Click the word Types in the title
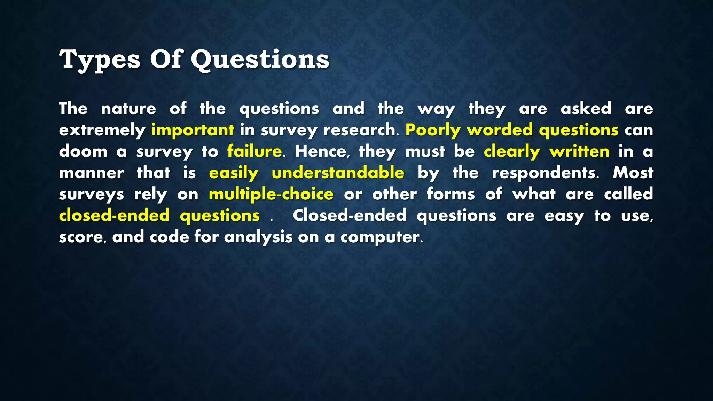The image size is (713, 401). tap(100, 60)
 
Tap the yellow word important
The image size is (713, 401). tap(193, 130)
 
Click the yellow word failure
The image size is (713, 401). tap(254, 151)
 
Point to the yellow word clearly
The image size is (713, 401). tap(512, 152)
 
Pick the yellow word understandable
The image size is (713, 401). tap(338, 173)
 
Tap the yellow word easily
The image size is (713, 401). tap(234, 173)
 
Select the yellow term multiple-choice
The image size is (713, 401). tap(271, 194)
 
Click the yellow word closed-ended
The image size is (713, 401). tap(114, 215)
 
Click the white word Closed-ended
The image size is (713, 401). tap(350, 215)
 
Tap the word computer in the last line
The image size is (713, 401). tap(381, 237)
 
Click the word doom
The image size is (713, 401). tap(83, 151)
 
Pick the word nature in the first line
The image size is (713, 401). tap(128, 109)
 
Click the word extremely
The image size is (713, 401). tap(102, 130)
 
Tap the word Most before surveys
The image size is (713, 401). tap(633, 173)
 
